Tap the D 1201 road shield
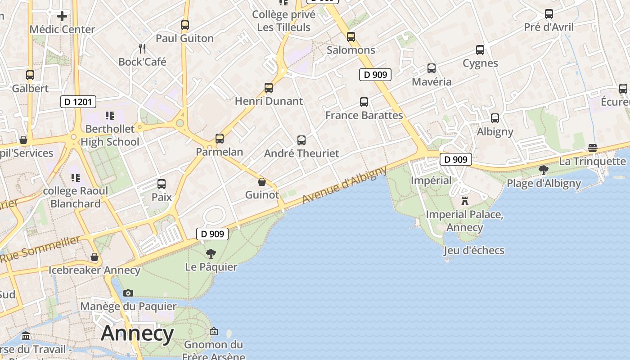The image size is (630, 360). click(x=78, y=102)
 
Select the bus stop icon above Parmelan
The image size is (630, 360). click(x=220, y=138)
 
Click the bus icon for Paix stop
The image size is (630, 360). click(x=162, y=184)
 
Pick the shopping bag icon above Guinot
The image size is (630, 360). click(x=262, y=182)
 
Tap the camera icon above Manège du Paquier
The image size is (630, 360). click(x=128, y=293)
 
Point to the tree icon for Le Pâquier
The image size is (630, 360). click(x=211, y=254)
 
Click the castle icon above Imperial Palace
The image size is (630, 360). click(x=465, y=201)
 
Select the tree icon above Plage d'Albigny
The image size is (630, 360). click(x=544, y=170)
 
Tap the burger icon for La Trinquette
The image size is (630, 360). click(x=593, y=148)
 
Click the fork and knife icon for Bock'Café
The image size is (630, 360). click(x=142, y=48)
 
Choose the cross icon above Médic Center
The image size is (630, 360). click(x=62, y=16)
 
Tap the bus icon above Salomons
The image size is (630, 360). click(x=351, y=37)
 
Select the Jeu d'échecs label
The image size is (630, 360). click(x=474, y=250)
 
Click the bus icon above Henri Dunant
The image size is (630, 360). click(x=269, y=88)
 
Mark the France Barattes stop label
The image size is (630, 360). click(x=364, y=115)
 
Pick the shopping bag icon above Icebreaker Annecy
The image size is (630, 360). click(x=94, y=257)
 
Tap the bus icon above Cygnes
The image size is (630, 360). click(x=480, y=50)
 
